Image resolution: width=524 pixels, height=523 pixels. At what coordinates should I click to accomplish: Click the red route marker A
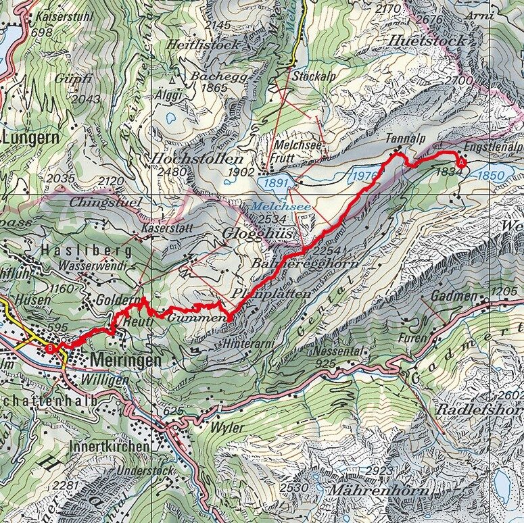point(462,162)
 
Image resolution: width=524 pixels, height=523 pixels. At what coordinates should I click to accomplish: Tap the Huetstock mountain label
point(427,41)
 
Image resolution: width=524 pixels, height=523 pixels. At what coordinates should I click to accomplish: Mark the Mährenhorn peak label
point(379,489)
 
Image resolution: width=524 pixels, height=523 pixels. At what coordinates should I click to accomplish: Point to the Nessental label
point(341,352)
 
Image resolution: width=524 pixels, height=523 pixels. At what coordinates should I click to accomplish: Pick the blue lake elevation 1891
point(277,183)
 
